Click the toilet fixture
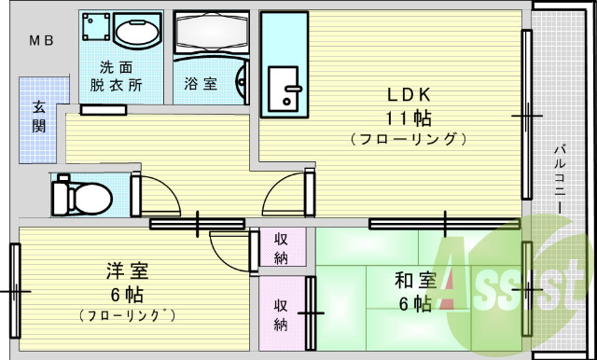(80, 196)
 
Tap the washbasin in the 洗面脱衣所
(138, 34)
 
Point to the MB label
(40, 40)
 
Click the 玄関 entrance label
(38, 116)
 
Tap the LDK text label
(409, 95)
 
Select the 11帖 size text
(409, 118)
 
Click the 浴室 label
(200, 84)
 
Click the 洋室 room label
(128, 272)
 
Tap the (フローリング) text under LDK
(409, 140)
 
